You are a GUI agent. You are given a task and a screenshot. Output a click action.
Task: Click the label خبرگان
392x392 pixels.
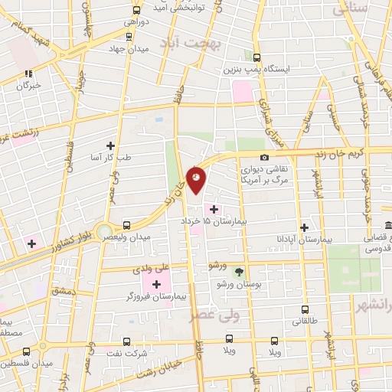tap(29, 86)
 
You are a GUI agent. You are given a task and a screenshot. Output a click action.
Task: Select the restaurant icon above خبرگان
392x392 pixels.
tap(28, 73)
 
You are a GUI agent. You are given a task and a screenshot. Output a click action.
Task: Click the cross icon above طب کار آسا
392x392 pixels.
tap(111, 145)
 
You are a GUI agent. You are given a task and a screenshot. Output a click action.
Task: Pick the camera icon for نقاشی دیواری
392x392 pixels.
tap(264, 158)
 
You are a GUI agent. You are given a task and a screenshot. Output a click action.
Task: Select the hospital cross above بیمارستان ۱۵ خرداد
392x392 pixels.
tap(213, 209)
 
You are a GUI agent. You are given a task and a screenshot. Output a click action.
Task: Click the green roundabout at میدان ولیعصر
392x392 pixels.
tap(104, 227)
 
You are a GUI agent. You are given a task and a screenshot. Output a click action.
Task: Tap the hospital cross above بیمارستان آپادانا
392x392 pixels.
tap(305, 227)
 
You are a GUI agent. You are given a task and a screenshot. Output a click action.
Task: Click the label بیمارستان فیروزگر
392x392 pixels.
tap(158, 296)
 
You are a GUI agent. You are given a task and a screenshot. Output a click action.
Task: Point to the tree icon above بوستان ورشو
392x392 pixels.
tap(239, 272)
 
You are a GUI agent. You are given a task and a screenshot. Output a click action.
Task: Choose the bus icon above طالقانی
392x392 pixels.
tap(305, 310)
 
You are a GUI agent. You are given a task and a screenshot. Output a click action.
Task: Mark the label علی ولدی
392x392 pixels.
tap(149, 269)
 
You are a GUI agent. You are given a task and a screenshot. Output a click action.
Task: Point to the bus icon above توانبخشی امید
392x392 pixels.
tap(136, 10)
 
